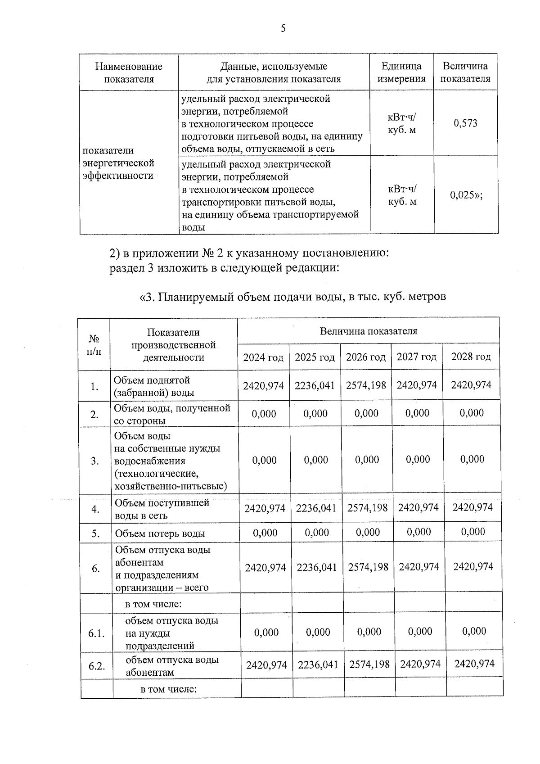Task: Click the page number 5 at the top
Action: click(x=283, y=29)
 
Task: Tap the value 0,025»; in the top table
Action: click(x=466, y=195)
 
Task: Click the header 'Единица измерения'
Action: click(x=401, y=72)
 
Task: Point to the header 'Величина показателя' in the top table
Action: click(x=465, y=72)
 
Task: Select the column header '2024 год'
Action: click(x=263, y=357)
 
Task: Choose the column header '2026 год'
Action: click(x=365, y=357)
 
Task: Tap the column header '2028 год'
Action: click(x=471, y=357)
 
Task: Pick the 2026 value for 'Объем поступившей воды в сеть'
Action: click(x=368, y=508)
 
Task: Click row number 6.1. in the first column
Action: click(x=97, y=634)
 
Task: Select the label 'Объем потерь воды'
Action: click(x=160, y=534)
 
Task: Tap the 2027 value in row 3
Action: click(x=418, y=460)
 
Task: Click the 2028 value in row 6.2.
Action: click(x=474, y=664)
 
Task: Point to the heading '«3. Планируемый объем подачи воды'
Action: click(x=292, y=297)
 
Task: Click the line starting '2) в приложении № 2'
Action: click(x=249, y=253)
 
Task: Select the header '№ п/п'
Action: click(x=94, y=345)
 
